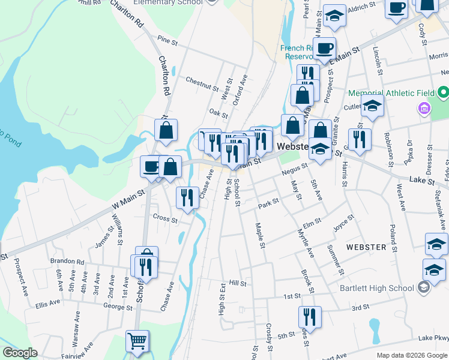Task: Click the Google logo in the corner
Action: [20, 353]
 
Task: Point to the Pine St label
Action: [167, 42]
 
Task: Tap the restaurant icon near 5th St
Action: [310, 317]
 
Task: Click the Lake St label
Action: [421, 179]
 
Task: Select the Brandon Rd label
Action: [67, 262]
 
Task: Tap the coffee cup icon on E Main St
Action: [325, 49]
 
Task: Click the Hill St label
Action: [238, 283]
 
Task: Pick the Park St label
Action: [268, 205]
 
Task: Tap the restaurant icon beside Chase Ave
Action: [187, 198]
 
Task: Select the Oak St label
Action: [218, 113]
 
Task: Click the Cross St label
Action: [165, 218]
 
